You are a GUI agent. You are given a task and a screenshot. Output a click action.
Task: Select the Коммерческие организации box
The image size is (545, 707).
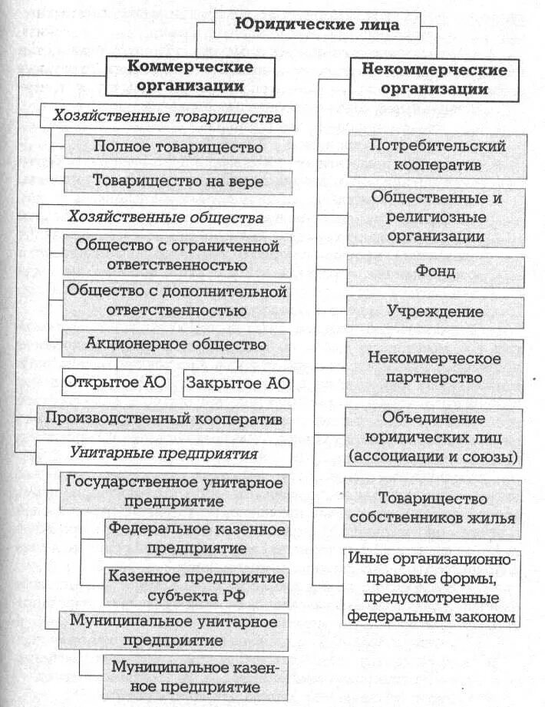coord(190,76)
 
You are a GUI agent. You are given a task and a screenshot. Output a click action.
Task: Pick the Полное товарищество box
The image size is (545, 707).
coord(178,147)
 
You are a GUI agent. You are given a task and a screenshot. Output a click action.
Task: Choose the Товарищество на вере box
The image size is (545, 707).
coord(178,181)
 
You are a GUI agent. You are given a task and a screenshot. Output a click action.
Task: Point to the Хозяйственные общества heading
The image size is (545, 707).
coord(167,217)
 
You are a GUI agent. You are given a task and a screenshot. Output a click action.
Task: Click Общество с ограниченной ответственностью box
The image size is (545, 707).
coord(177,256)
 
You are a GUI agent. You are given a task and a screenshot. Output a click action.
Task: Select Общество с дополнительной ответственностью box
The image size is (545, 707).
coord(177,301)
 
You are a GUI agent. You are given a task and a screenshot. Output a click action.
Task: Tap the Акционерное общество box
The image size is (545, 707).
coord(177,345)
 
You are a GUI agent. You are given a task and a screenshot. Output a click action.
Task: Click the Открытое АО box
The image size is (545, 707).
coord(118,382)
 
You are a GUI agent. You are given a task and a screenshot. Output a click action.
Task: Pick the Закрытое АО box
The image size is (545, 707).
coord(237,382)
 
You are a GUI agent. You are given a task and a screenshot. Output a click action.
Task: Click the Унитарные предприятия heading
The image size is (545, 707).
coord(165,454)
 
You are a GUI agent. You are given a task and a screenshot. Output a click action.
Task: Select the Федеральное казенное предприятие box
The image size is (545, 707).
coord(196,538)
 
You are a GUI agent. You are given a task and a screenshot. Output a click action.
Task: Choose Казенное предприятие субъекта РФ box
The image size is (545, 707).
coord(196,586)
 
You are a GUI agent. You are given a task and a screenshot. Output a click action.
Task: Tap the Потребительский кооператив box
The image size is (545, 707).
coord(436,155)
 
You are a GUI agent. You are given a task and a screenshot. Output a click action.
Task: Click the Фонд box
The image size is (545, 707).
coord(436,272)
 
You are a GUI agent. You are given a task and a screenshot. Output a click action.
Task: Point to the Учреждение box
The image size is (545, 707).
coord(436,312)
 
